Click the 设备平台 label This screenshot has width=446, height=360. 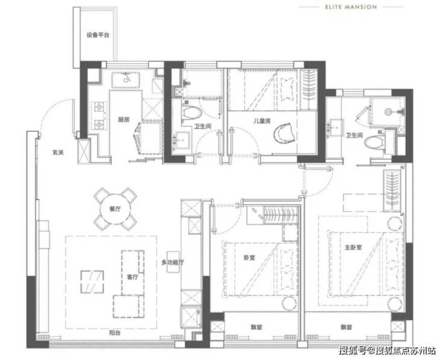tap(98, 36)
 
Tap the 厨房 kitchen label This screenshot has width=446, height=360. tap(124, 120)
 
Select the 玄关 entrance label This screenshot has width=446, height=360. tap(58, 153)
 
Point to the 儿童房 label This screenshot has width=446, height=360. tap(262, 121)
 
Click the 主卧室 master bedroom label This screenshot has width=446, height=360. tap(353, 247)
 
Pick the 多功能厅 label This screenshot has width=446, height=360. tap(172, 262)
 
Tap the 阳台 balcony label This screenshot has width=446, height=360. tap(115, 333)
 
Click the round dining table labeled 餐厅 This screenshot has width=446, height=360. tap(115, 209)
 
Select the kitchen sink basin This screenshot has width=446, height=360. tap(125, 80)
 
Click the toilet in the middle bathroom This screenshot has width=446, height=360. tap(192, 112)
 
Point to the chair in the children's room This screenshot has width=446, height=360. tap(284, 133)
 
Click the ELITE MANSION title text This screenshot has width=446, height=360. tap(351, 7)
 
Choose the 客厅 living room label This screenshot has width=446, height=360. tap(132, 277)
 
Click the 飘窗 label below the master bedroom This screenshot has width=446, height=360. tap(346, 327)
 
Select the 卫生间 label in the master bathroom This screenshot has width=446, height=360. tap(354, 136)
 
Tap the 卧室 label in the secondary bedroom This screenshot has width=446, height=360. tap(250, 258)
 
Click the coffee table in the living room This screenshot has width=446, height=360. tap(92, 282)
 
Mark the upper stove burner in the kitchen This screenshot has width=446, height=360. tap(99, 107)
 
